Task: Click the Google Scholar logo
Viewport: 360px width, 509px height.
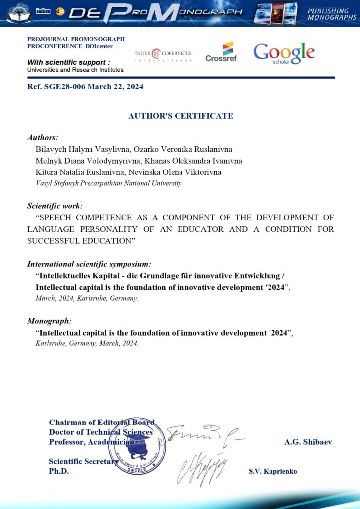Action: coord(284,53)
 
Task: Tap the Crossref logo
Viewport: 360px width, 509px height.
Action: coord(221,52)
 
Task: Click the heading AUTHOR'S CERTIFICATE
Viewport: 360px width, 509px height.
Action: coord(180,116)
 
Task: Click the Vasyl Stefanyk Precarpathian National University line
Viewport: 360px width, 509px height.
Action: coord(108,183)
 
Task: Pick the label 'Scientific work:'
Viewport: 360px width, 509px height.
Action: coord(55,205)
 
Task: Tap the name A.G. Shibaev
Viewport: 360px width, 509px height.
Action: coord(308,442)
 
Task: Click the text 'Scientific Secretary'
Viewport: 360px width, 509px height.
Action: coord(83,461)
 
